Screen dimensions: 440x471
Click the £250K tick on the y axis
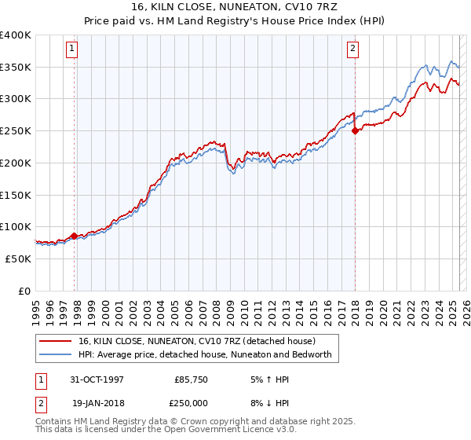[15, 131]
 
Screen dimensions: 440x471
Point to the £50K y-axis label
[17, 258]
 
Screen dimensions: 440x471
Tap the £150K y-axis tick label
[15, 195]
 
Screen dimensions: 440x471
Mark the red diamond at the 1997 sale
[75, 235]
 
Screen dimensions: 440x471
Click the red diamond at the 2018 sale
[355, 130]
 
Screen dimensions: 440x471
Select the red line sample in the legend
[56, 341]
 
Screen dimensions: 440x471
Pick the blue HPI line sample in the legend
[56, 354]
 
